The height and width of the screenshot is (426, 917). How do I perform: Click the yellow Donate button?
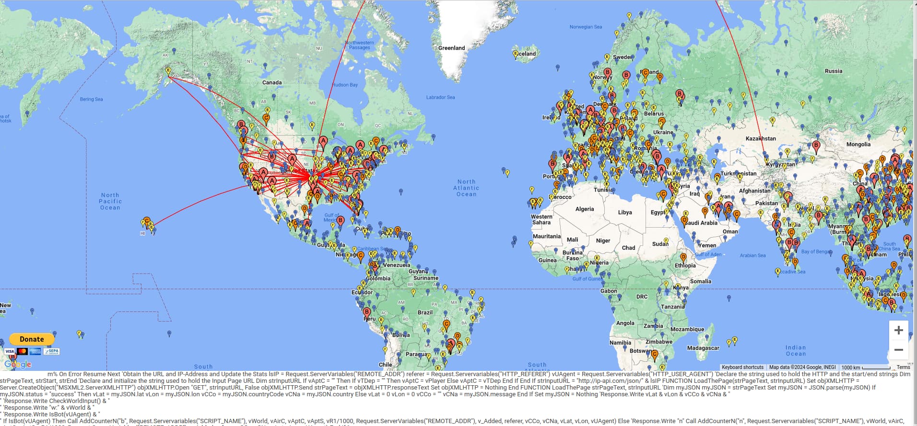click(x=32, y=339)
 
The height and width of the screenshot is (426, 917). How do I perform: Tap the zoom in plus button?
click(x=898, y=330)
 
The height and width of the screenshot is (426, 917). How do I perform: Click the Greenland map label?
click(x=451, y=48)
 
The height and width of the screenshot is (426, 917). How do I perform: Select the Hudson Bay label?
click(x=345, y=85)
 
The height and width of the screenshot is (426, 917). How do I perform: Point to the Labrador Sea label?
click(x=440, y=97)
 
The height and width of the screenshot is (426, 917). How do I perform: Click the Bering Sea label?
click(x=91, y=99)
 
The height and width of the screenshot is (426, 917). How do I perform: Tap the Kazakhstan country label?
click(x=761, y=138)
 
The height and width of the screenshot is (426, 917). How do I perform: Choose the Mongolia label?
click(x=858, y=144)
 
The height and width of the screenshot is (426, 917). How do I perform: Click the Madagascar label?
click(x=703, y=348)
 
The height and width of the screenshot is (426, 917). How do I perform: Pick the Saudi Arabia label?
click(x=701, y=223)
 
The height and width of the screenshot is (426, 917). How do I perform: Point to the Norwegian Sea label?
click(x=585, y=27)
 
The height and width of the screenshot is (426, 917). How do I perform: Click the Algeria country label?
click(x=584, y=209)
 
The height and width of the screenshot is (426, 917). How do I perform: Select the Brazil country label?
click(x=425, y=312)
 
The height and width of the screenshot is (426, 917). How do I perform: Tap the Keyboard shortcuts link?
click(x=742, y=368)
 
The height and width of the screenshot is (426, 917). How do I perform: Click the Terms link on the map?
click(x=903, y=368)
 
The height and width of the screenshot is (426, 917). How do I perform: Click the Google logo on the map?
click(x=18, y=364)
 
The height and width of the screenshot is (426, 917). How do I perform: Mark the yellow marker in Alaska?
click(x=168, y=71)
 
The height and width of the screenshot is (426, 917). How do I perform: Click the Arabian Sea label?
click(x=752, y=255)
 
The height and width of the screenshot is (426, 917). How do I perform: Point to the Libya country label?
click(x=624, y=212)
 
